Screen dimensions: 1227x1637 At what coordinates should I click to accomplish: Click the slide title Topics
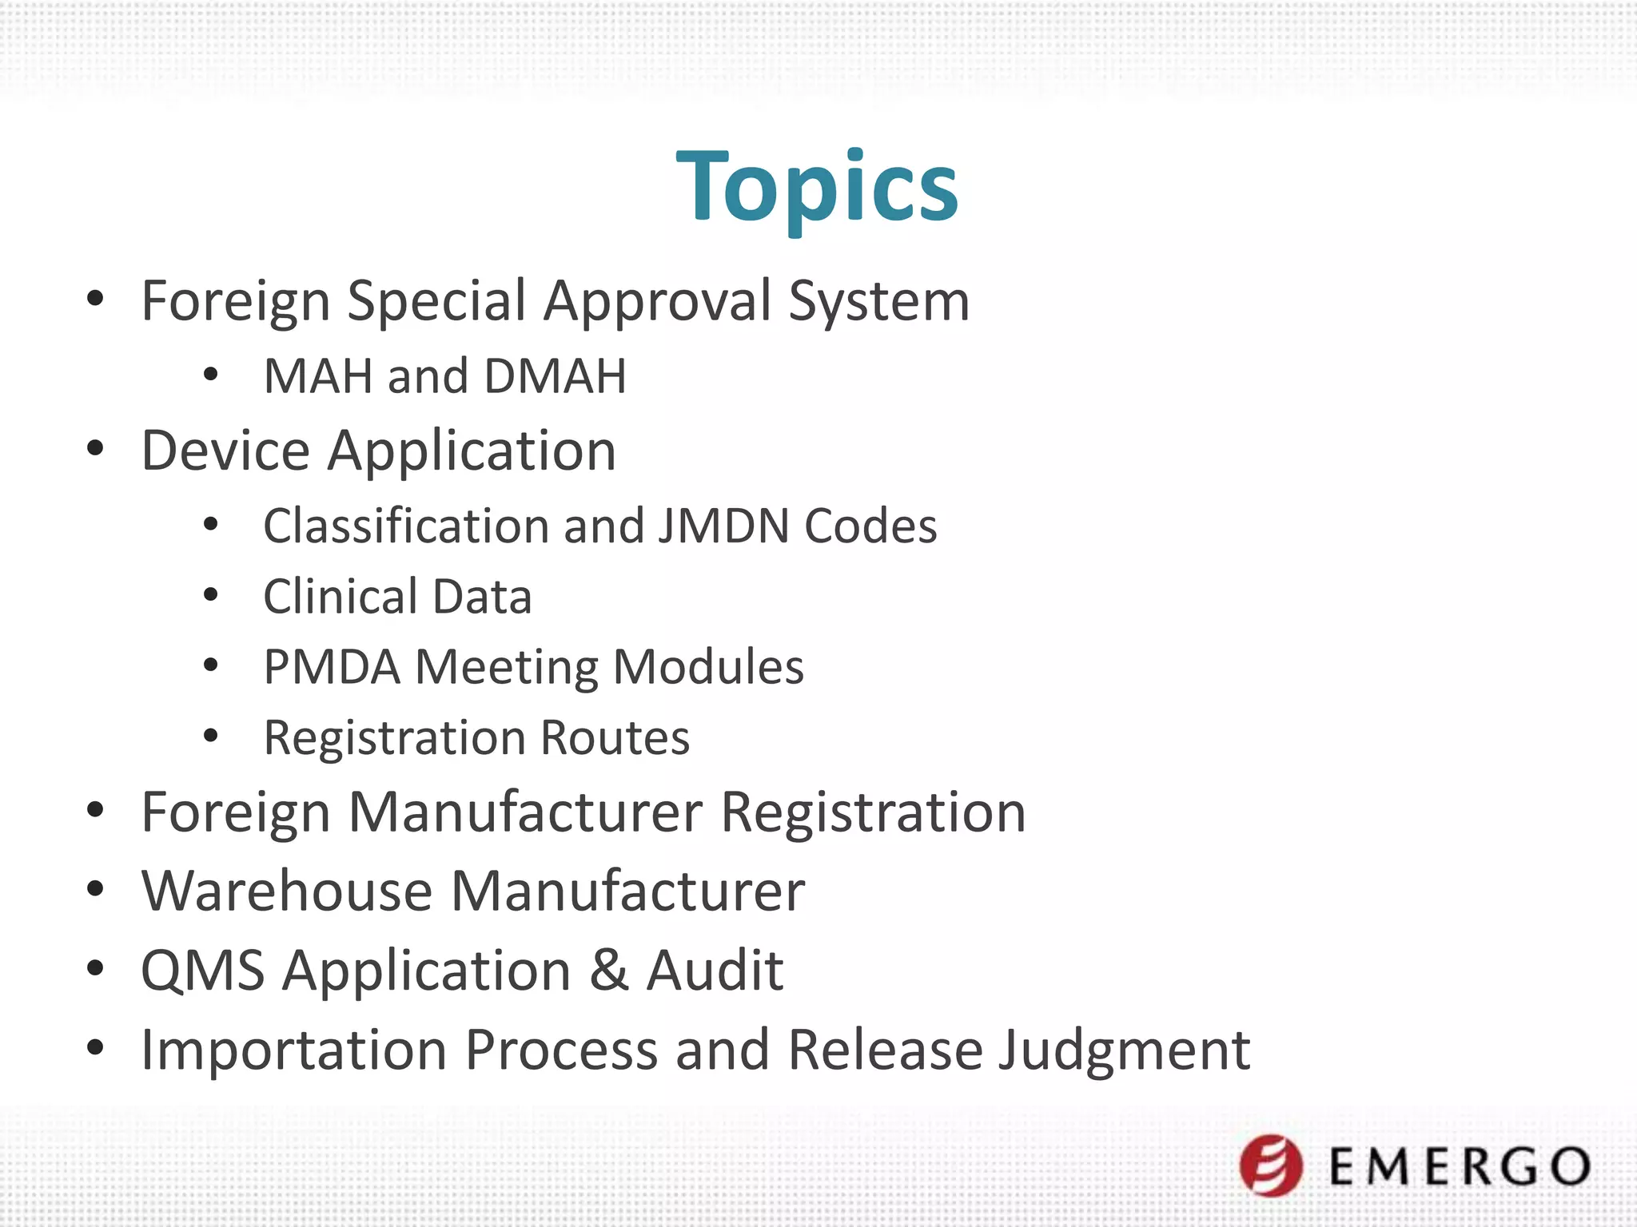(817, 188)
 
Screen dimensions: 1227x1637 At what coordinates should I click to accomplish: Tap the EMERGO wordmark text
(1460, 1166)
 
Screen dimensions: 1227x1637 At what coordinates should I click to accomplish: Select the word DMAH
(555, 376)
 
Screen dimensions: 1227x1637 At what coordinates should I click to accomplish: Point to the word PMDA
(332, 667)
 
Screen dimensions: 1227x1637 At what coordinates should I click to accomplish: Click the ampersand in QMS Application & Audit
(609, 971)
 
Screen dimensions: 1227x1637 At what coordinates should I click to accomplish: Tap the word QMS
(203, 971)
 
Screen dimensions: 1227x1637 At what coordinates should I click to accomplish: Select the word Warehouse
(287, 891)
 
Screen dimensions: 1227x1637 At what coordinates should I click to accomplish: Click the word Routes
(615, 737)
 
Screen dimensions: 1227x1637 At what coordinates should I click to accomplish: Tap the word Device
(225, 451)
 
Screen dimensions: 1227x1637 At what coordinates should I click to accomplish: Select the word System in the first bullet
(878, 302)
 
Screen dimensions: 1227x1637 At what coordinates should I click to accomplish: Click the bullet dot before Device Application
(95, 448)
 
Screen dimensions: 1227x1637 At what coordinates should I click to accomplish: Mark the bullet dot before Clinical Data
(210, 594)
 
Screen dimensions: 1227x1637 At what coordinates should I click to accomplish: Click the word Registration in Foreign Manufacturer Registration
(873, 812)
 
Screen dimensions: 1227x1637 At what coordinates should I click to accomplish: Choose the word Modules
(708, 667)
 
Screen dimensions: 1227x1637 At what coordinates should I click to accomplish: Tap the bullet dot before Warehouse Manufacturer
(95, 889)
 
